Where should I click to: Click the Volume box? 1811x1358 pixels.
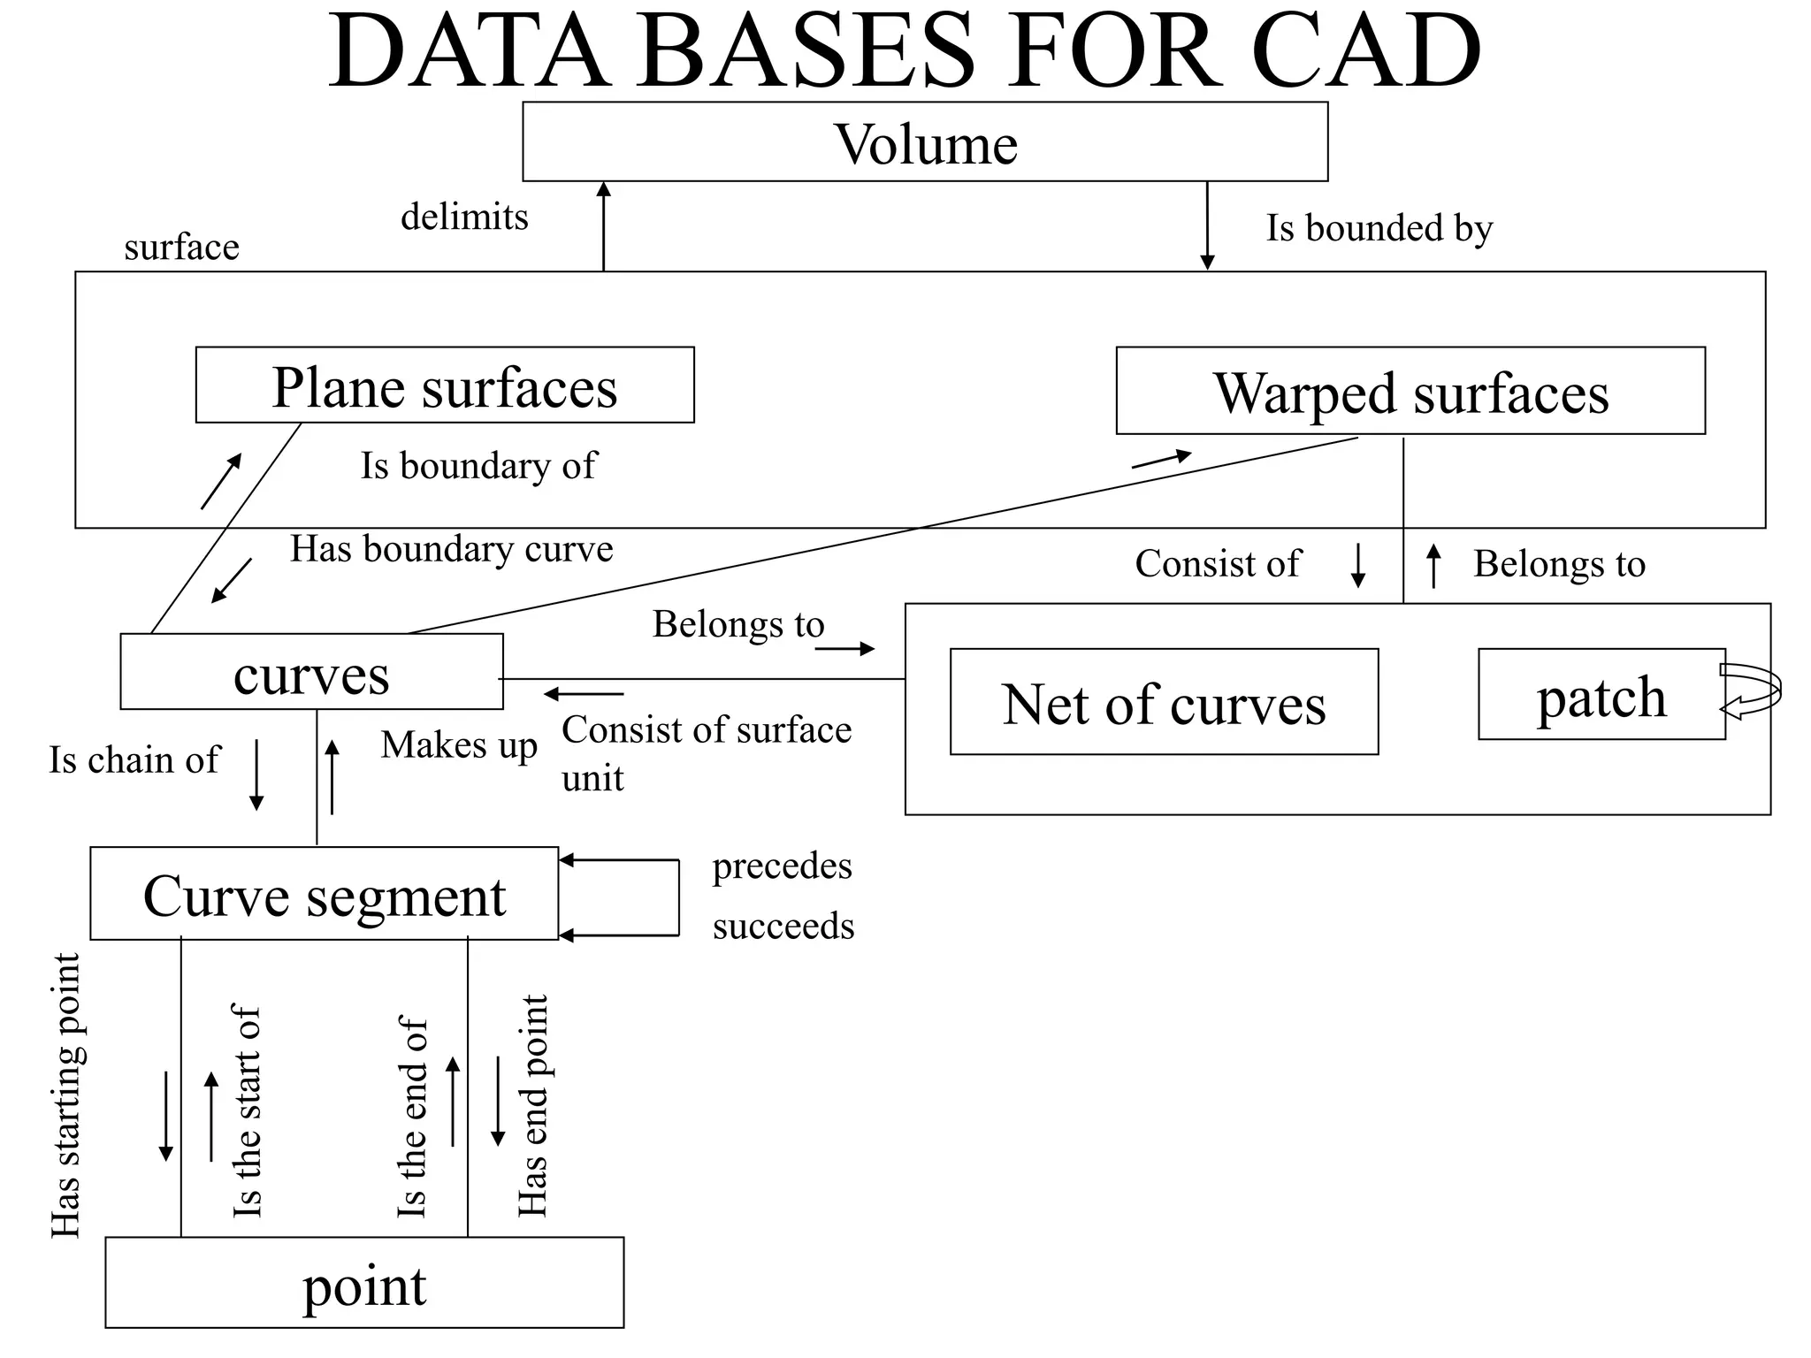[x=925, y=142]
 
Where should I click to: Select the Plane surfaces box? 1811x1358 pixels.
[x=445, y=385]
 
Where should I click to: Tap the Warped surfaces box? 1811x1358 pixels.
[x=1410, y=392]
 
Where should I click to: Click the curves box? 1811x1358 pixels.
[x=311, y=673]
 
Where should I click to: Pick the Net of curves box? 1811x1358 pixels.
[x=1164, y=703]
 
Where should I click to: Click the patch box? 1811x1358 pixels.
[x=1601, y=695]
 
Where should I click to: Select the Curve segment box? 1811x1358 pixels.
[x=324, y=894]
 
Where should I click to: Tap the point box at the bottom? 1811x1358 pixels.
[x=364, y=1283]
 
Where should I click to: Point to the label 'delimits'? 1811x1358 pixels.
[x=464, y=217]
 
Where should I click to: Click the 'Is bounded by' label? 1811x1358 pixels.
[x=1379, y=228]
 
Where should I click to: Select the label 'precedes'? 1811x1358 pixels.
[x=782, y=866]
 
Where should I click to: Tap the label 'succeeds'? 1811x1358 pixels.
[x=783, y=927]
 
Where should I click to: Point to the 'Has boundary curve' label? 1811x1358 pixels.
[x=451, y=549]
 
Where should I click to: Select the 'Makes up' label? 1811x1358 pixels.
[x=459, y=745]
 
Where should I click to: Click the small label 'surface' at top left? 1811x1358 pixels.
[x=181, y=248]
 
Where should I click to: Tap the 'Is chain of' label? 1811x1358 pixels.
[x=134, y=760]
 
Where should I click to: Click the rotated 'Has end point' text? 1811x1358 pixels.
[x=533, y=1105]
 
